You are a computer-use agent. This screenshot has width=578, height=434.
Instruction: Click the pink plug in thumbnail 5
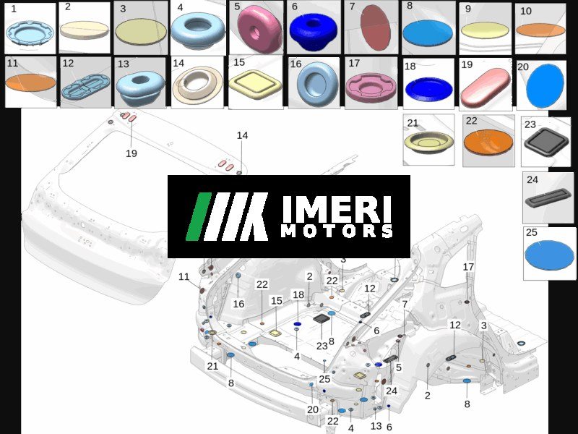coord(259,29)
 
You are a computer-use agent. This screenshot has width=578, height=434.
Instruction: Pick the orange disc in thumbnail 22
coord(488,142)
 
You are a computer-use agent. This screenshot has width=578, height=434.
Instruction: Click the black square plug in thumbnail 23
coord(547,142)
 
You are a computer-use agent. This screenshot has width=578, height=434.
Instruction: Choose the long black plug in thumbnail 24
coord(548,197)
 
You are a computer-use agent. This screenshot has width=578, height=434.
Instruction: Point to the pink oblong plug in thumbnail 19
coord(486,88)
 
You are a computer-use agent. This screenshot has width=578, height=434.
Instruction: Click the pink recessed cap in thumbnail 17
coord(371,87)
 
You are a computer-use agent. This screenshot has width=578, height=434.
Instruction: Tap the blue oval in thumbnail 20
coord(545,85)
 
